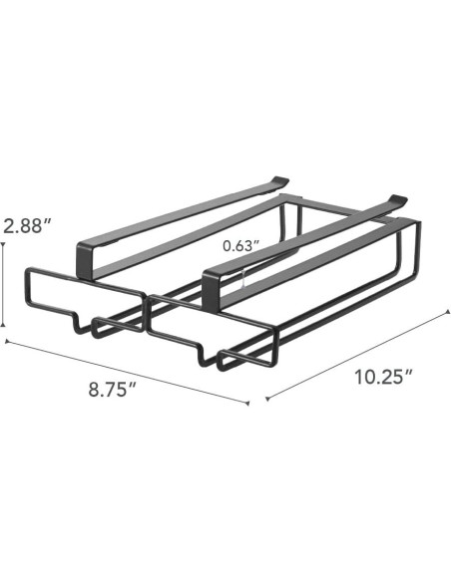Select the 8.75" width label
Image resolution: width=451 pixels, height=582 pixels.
pyautogui.click(x=109, y=388)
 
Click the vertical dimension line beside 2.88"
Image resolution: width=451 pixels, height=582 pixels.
pyautogui.click(x=4, y=289)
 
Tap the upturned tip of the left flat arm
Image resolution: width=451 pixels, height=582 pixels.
pyautogui.click(x=282, y=180)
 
